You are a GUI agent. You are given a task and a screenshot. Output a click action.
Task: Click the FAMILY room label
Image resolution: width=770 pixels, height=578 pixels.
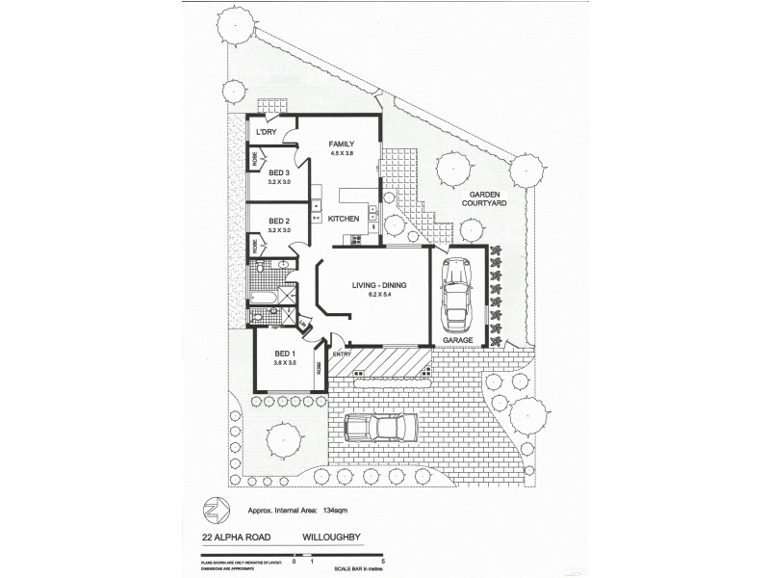(342, 144)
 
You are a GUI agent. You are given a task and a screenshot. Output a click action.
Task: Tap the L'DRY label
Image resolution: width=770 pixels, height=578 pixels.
(267, 132)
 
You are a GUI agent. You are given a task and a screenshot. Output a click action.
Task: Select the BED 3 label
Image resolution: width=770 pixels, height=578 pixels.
(279, 172)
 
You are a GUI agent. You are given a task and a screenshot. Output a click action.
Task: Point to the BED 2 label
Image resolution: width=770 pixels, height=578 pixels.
(279, 221)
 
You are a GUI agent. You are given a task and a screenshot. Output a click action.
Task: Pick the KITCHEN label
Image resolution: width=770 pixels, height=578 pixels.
(344, 219)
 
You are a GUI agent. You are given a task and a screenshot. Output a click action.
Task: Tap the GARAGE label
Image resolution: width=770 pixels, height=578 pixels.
(457, 341)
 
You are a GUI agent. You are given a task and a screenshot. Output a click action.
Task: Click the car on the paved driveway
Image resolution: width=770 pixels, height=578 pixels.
(380, 427)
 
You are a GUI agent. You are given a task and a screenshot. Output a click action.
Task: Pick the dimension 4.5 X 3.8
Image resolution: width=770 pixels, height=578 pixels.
(342, 154)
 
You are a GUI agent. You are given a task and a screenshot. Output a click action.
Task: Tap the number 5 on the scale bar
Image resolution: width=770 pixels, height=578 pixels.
(383, 560)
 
